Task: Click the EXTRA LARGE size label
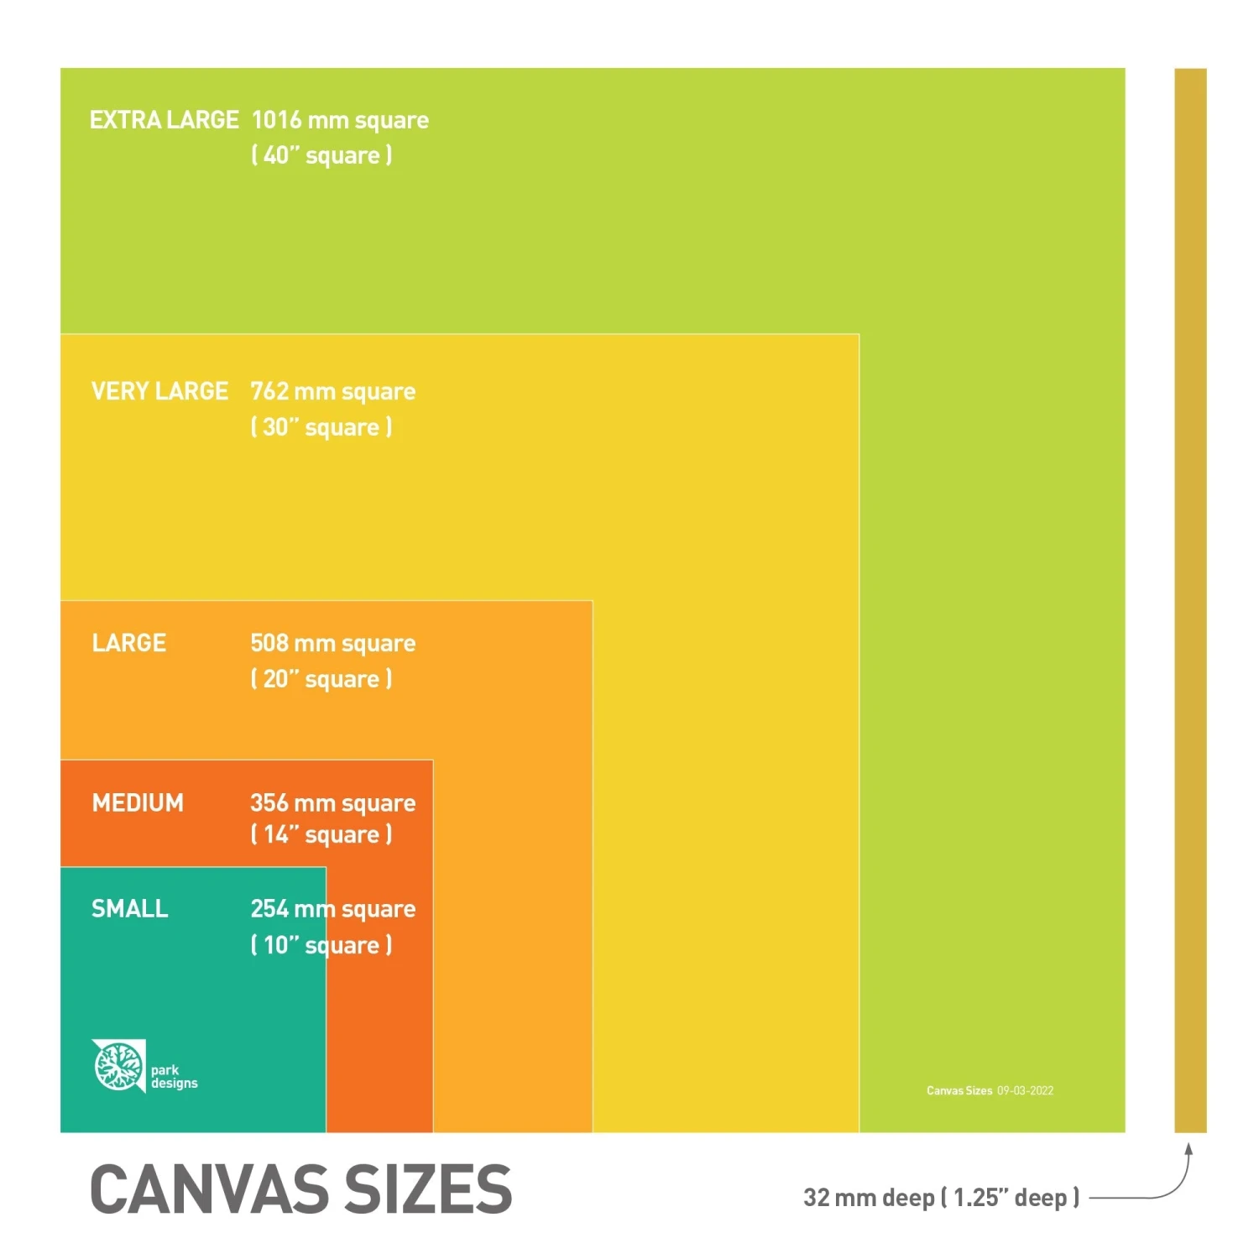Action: click(165, 120)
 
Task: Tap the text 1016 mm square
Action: click(340, 121)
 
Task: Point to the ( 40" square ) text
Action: click(321, 155)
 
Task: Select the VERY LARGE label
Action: click(159, 391)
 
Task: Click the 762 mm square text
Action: click(333, 392)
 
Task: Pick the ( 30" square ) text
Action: click(321, 427)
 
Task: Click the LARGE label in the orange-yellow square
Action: click(129, 643)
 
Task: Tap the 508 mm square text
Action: click(333, 644)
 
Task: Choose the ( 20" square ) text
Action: click(321, 679)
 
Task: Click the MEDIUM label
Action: click(138, 803)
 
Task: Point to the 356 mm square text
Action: click(333, 803)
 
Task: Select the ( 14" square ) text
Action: click(321, 835)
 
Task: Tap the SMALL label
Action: click(130, 909)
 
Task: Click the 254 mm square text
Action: click(333, 909)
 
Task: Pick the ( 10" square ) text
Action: click(321, 945)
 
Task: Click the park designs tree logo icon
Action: click(118, 1066)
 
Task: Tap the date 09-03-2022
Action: click(1025, 1091)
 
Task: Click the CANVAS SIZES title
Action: click(300, 1189)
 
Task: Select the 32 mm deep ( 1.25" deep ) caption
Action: click(941, 1198)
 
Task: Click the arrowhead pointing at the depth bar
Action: click(1188, 1148)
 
